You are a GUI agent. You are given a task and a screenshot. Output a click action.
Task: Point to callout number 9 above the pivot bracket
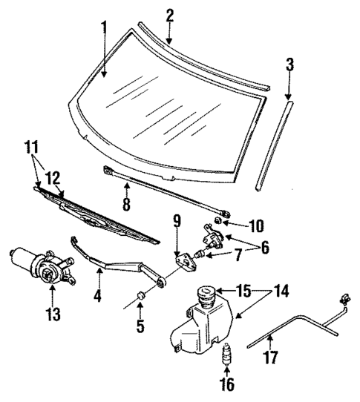[176, 220]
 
